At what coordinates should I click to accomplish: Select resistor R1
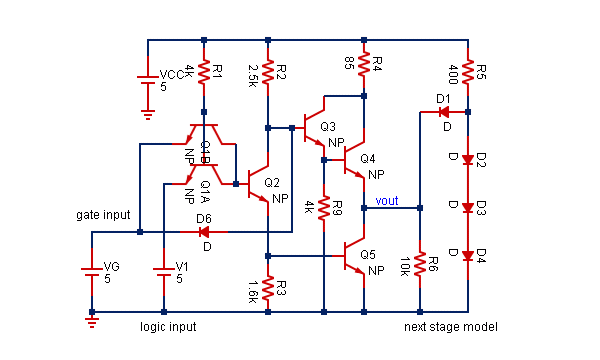click(204, 73)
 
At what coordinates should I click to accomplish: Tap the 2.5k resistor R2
click(268, 72)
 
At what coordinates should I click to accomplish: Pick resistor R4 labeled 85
click(364, 65)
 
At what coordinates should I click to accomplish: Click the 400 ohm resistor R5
click(468, 72)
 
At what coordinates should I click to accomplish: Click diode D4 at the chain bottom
click(468, 254)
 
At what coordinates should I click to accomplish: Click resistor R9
click(324, 209)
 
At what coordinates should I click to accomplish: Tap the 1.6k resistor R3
click(268, 286)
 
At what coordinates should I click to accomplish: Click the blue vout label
click(386, 200)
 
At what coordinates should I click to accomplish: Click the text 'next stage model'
click(450, 327)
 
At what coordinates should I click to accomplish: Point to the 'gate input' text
click(103, 215)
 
